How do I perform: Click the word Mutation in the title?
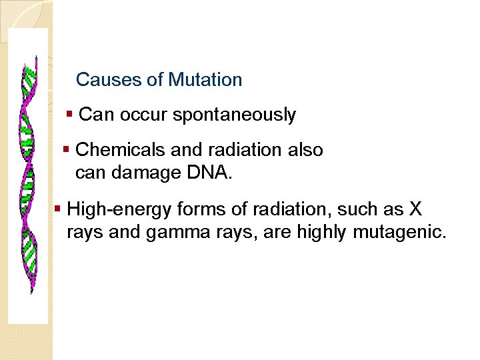point(205,80)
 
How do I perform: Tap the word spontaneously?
point(234,115)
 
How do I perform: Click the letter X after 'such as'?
point(415,210)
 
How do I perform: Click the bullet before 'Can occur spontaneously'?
point(70,115)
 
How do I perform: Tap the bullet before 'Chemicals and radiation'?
point(66,149)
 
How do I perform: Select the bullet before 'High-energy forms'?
point(58,209)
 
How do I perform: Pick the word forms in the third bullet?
point(198,210)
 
